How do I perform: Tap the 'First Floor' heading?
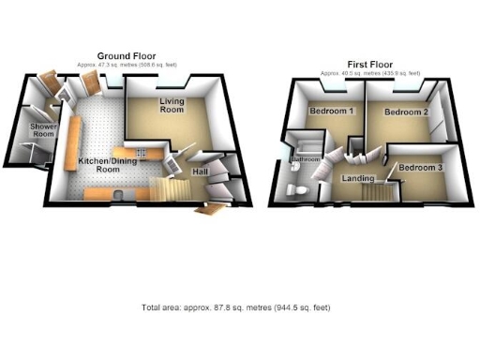pyautogui.click(x=358, y=64)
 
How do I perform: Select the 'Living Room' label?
pyautogui.click(x=171, y=105)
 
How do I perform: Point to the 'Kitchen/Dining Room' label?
pyautogui.click(x=100, y=165)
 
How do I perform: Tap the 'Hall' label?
pyautogui.click(x=200, y=172)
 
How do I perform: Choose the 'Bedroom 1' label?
pyautogui.click(x=330, y=112)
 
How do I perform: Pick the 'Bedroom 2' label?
pyautogui.click(x=407, y=112)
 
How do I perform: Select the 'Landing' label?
pyautogui.click(x=359, y=177)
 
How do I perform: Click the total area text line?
pyautogui.click(x=235, y=307)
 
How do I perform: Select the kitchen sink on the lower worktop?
pyautogui.click(x=124, y=193)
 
